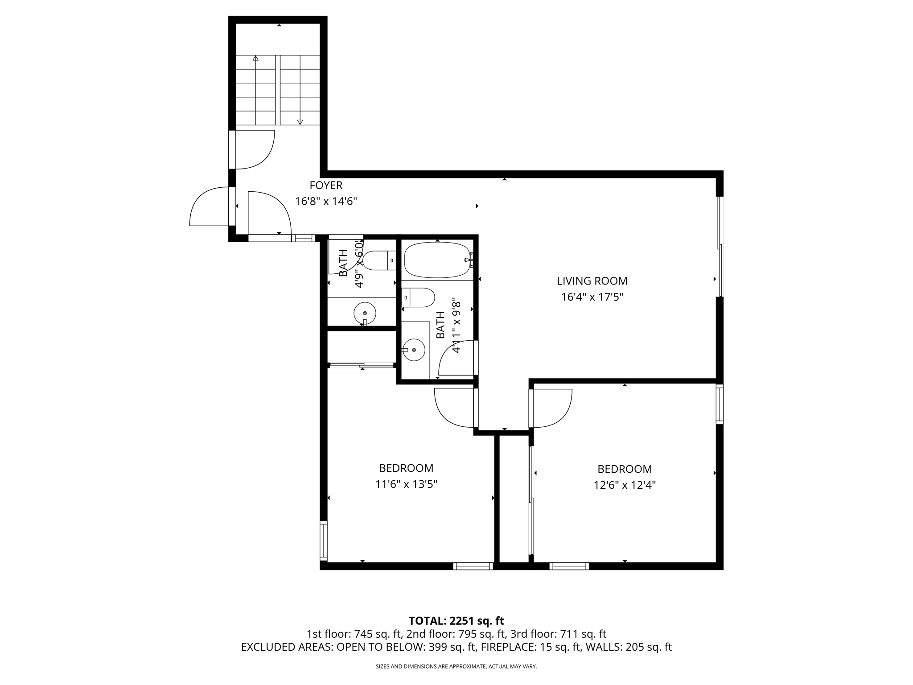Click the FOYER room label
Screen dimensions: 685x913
tap(326, 185)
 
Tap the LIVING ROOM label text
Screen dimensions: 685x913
tap(592, 281)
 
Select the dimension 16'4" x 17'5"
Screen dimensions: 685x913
tap(592, 297)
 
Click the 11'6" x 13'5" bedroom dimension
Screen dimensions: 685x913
tap(406, 484)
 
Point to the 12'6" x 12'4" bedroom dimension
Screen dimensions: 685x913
tap(624, 485)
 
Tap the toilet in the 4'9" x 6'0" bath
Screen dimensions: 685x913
tap(379, 260)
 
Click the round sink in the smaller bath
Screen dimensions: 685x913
tap(365, 313)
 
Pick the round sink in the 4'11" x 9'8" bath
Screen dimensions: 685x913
tap(414, 350)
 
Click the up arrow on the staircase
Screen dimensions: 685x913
tap(255, 58)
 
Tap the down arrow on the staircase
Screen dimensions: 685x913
tap(300, 121)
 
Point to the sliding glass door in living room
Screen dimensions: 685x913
tap(720, 247)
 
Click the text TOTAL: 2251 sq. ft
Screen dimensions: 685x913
tap(456, 621)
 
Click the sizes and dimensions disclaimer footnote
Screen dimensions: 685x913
tap(456, 666)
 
